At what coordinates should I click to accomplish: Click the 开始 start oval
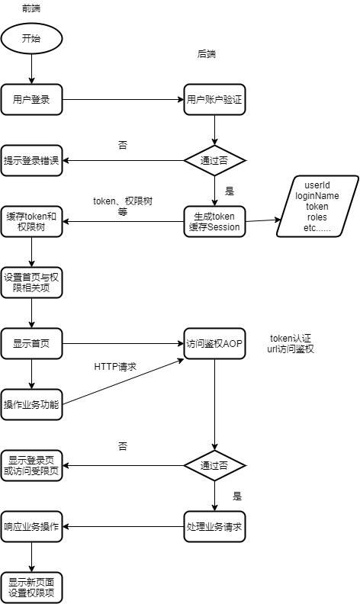(31, 39)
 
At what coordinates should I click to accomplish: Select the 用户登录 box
(31, 98)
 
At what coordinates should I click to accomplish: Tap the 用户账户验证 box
(214, 98)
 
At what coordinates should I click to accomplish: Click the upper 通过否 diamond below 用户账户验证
(214, 161)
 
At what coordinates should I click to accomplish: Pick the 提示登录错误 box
(31, 161)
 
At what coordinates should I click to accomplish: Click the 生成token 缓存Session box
(214, 222)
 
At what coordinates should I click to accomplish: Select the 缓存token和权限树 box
(31, 222)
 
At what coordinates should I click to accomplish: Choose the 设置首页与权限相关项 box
(31, 281)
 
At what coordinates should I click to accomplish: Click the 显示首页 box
(31, 342)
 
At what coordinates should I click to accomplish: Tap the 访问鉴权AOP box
(214, 342)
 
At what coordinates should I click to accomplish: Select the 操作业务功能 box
(31, 403)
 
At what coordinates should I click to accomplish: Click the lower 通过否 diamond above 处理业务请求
(214, 464)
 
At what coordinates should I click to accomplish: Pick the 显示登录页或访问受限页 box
(31, 464)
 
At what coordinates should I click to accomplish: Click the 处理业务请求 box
(214, 526)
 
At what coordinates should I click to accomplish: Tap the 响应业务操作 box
(31, 526)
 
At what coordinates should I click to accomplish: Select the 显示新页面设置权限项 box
(31, 586)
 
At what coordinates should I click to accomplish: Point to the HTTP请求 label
(115, 367)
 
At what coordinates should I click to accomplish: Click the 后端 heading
(207, 54)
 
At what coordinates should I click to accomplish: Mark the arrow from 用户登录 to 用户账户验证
(122, 98)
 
